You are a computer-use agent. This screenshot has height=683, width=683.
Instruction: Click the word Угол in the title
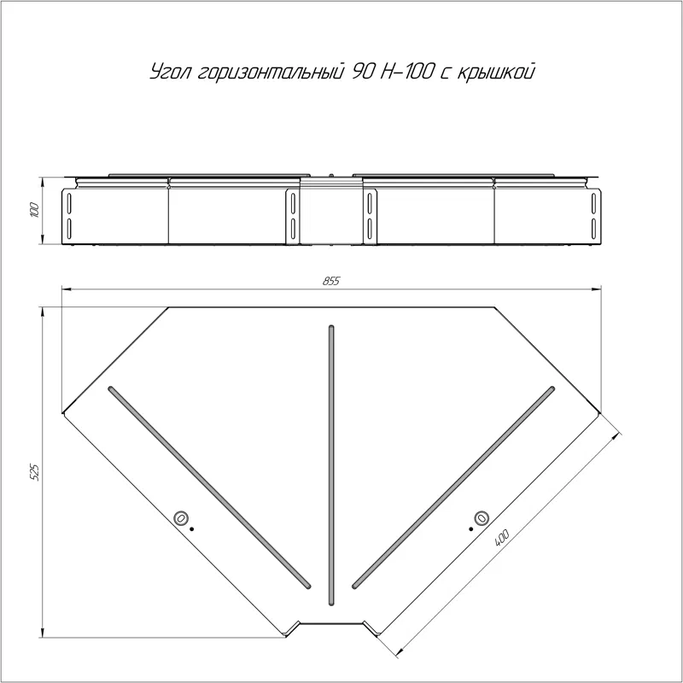[x=170, y=73]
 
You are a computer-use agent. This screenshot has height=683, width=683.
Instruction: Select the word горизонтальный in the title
[x=269, y=73]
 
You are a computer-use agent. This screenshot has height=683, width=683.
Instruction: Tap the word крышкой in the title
[x=496, y=73]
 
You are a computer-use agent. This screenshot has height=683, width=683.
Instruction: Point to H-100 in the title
[x=406, y=72]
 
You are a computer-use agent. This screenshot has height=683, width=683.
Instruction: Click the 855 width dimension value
[x=331, y=281]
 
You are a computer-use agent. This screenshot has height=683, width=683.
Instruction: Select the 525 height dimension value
[x=34, y=472]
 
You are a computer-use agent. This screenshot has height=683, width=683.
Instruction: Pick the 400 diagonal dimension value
[x=502, y=538]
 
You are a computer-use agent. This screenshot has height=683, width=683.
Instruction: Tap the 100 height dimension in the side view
[x=35, y=210]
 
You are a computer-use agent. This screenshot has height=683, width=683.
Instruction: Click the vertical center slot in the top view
[x=331, y=465]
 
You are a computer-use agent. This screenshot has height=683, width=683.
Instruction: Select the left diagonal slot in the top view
[x=209, y=487]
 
